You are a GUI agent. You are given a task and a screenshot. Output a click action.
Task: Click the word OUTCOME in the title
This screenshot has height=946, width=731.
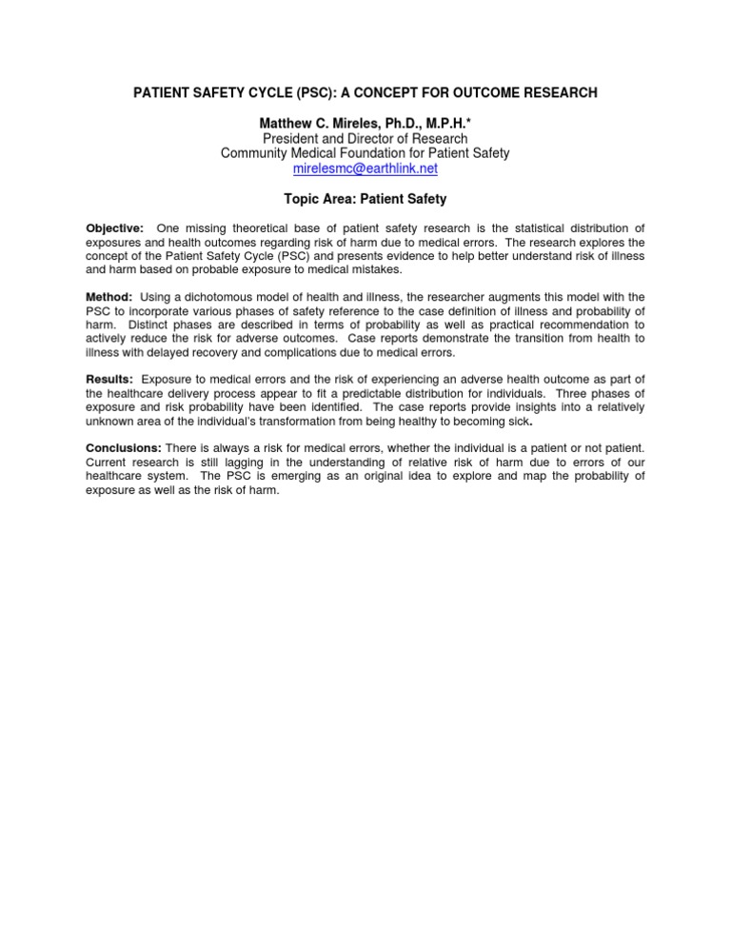click(x=461, y=92)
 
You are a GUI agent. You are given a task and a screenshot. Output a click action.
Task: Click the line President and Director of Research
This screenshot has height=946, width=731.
click(x=365, y=138)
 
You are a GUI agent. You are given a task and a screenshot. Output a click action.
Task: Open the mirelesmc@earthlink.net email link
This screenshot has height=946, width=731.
click(x=365, y=168)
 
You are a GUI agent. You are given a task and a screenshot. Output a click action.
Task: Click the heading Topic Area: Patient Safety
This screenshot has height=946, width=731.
click(x=365, y=200)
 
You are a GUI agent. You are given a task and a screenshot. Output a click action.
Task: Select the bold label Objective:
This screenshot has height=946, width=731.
click(x=115, y=229)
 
